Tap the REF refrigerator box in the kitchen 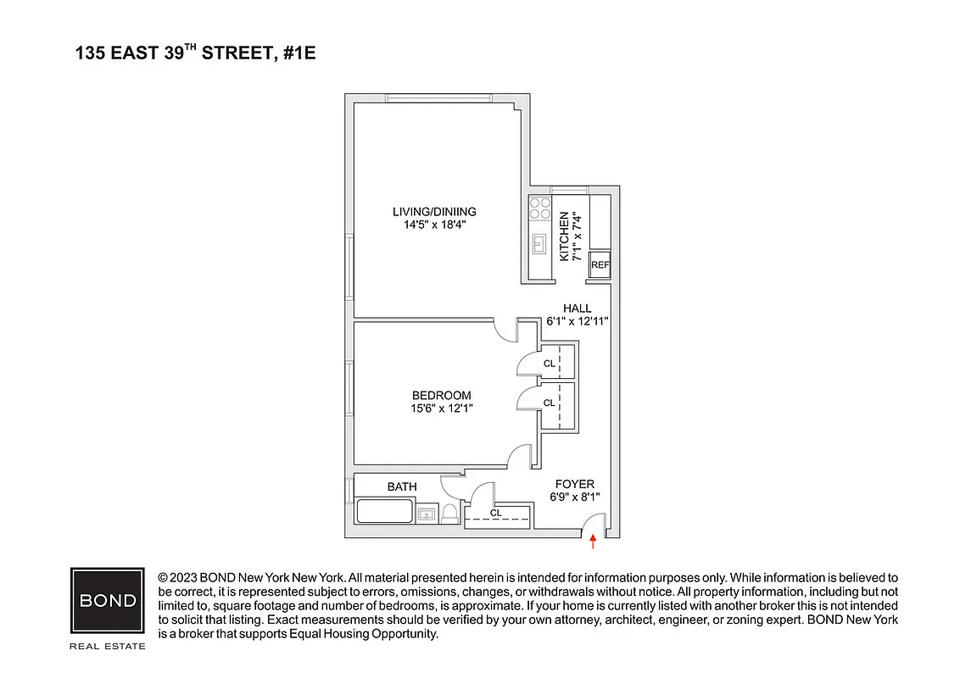coord(600,265)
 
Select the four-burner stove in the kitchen coord(540,208)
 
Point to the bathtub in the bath coord(384,512)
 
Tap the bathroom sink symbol coord(427,513)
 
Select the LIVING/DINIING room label coord(434,212)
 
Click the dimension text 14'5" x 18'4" coord(435,225)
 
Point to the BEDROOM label coord(441,395)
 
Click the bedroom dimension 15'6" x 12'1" coord(441,408)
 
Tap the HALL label coord(578,308)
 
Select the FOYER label coord(574,485)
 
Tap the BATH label coord(402,486)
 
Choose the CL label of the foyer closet coord(495,512)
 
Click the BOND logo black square coord(107,600)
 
